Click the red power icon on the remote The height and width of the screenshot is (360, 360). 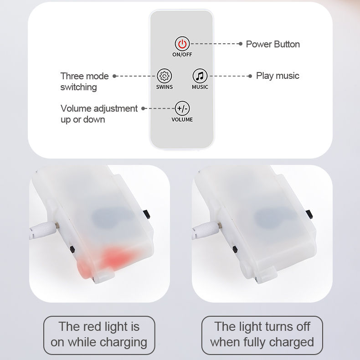tap(182, 44)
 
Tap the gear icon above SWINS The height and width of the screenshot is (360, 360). tap(165, 76)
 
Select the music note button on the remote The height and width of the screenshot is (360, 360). tap(200, 76)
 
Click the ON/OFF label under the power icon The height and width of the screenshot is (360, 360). tap(182, 55)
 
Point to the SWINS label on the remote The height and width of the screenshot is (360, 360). tap(165, 87)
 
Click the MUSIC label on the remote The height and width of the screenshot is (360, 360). tap(200, 87)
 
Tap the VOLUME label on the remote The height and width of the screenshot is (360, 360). tap(182, 119)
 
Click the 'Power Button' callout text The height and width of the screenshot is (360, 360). tap(273, 44)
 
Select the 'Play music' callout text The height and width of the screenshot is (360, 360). tap(278, 76)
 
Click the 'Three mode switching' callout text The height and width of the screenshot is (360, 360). tap(84, 82)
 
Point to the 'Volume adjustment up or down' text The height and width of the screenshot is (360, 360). tap(99, 114)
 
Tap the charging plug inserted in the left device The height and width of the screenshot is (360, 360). tap(44, 230)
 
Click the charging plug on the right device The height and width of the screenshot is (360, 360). tap(207, 230)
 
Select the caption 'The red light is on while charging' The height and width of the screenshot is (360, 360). tap(99, 334)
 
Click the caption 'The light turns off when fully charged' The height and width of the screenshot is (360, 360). tap(262, 334)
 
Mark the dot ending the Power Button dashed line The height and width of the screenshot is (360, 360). tap(241, 44)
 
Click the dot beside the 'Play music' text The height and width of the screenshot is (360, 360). tap(250, 76)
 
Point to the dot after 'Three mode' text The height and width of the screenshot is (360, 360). tap(114, 76)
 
